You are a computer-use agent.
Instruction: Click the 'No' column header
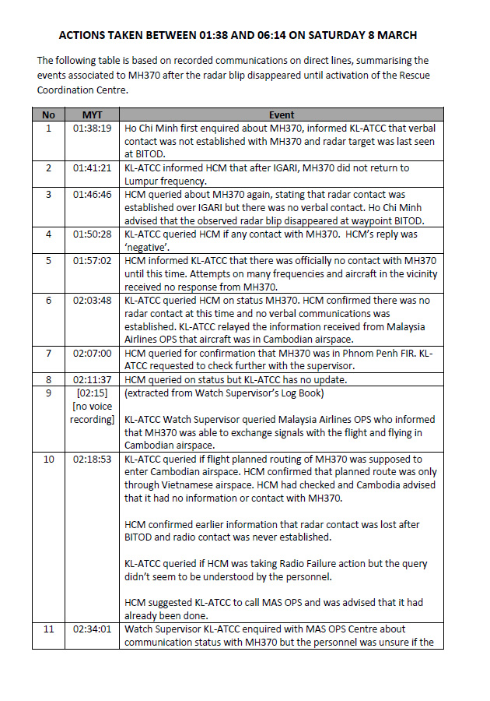(48, 115)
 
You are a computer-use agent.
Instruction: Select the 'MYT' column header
(92, 115)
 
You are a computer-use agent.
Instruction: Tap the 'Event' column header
(281, 115)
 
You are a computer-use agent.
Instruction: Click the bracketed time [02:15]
(92, 393)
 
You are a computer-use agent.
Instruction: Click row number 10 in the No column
(48, 460)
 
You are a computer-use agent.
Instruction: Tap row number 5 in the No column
(48, 260)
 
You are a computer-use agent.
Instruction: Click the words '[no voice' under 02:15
(93, 406)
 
